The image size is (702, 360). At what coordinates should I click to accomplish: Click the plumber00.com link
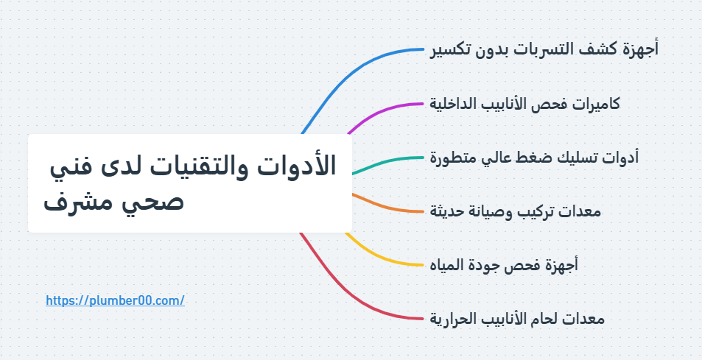114,300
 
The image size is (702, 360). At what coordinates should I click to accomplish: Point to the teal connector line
390,160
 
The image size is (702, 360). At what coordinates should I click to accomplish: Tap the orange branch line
390,207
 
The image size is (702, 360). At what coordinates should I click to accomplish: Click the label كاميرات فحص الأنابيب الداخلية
524,104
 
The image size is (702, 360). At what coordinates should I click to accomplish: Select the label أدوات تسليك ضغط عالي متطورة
534,158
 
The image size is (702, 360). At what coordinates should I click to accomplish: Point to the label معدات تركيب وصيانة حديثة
516,211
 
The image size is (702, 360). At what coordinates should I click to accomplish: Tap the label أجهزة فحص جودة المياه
504,264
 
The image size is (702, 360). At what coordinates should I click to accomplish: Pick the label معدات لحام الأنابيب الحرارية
517,319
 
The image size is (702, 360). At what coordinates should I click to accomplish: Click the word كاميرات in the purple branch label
594,104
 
